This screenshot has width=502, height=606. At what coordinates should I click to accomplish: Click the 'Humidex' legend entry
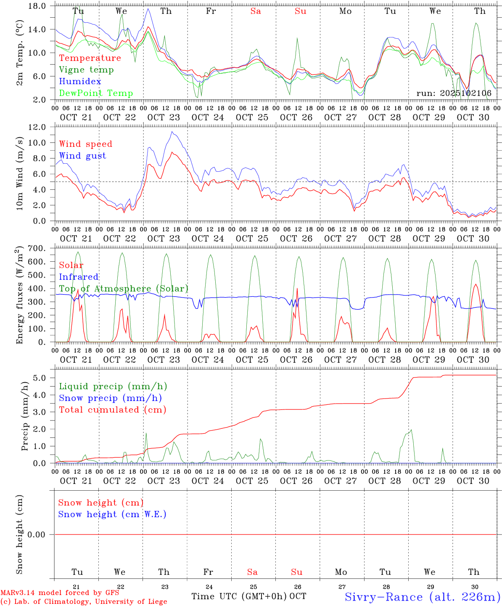80,82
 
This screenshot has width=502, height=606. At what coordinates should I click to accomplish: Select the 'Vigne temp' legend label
86,70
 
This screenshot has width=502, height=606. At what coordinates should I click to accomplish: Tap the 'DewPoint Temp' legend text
96,93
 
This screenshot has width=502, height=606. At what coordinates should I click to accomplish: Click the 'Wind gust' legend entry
82,156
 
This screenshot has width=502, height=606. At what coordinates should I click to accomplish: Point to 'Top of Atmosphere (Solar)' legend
124,289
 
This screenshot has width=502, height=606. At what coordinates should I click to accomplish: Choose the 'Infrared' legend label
79,277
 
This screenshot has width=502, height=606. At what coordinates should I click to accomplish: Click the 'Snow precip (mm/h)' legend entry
110,398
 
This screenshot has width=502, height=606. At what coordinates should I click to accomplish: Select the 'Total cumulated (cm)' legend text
112,410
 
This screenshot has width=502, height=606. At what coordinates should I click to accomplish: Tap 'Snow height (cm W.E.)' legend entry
112,514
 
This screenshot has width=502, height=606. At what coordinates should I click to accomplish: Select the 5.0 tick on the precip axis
45,378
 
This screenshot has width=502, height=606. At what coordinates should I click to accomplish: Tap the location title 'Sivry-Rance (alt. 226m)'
422,597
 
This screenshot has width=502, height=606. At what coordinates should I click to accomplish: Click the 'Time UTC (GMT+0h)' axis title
239,596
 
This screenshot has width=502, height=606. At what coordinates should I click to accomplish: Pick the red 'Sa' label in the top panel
256,11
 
